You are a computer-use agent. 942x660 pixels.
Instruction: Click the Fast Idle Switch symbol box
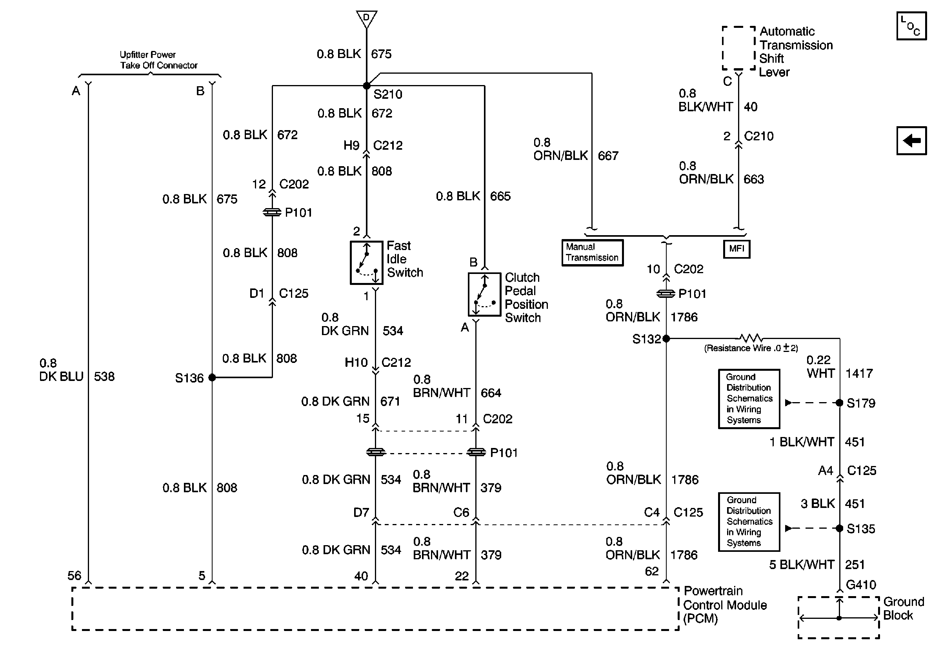pyautogui.click(x=366, y=263)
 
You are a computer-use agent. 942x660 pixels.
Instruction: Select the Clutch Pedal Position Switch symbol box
pyautogui.click(x=485, y=294)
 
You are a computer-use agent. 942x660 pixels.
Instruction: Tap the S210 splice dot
pyautogui.click(x=366, y=86)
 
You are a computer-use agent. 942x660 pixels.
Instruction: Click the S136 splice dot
pyautogui.click(x=212, y=377)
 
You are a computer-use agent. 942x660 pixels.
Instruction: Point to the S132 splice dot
pyautogui.click(x=666, y=339)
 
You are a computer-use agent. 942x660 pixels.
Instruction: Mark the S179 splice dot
pyautogui.click(x=839, y=403)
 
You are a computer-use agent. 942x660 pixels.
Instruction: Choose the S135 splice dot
pyautogui.click(x=839, y=528)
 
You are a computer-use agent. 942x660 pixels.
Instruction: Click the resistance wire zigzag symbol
pyautogui.click(x=751, y=338)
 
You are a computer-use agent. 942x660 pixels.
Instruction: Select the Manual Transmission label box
pyautogui.click(x=592, y=252)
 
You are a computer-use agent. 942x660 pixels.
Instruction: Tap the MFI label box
pyautogui.click(x=737, y=249)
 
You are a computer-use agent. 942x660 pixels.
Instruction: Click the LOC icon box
pyautogui.click(x=911, y=26)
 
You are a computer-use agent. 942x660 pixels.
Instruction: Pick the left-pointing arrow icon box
pyautogui.click(x=911, y=141)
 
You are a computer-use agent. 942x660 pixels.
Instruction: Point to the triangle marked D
pyautogui.click(x=366, y=19)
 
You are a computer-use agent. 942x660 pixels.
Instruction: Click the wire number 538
pyautogui.click(x=104, y=376)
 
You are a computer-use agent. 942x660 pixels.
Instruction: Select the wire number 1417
pyautogui.click(x=859, y=374)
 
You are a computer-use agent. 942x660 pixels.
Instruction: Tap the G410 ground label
pyautogui.click(x=861, y=585)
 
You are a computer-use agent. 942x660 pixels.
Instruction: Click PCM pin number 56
pyautogui.click(x=74, y=576)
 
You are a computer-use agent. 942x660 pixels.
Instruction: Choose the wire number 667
pyautogui.click(x=608, y=156)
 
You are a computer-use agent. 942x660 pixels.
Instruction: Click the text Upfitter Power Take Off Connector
pyautogui.click(x=158, y=60)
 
